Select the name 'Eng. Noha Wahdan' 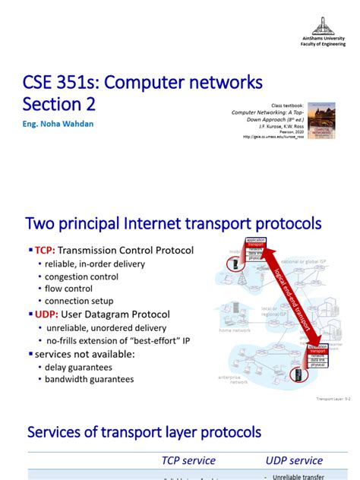tap(58, 124)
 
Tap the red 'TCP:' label tap(44, 251)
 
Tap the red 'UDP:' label tap(45, 314)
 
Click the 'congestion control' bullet tap(81, 276)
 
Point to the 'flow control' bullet tap(68, 289)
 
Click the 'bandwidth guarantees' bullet tap(89, 379)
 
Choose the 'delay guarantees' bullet tap(79, 367)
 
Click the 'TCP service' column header tap(188, 460)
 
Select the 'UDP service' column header tap(294, 460)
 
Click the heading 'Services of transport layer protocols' tap(144, 432)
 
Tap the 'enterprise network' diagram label tap(238, 379)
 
